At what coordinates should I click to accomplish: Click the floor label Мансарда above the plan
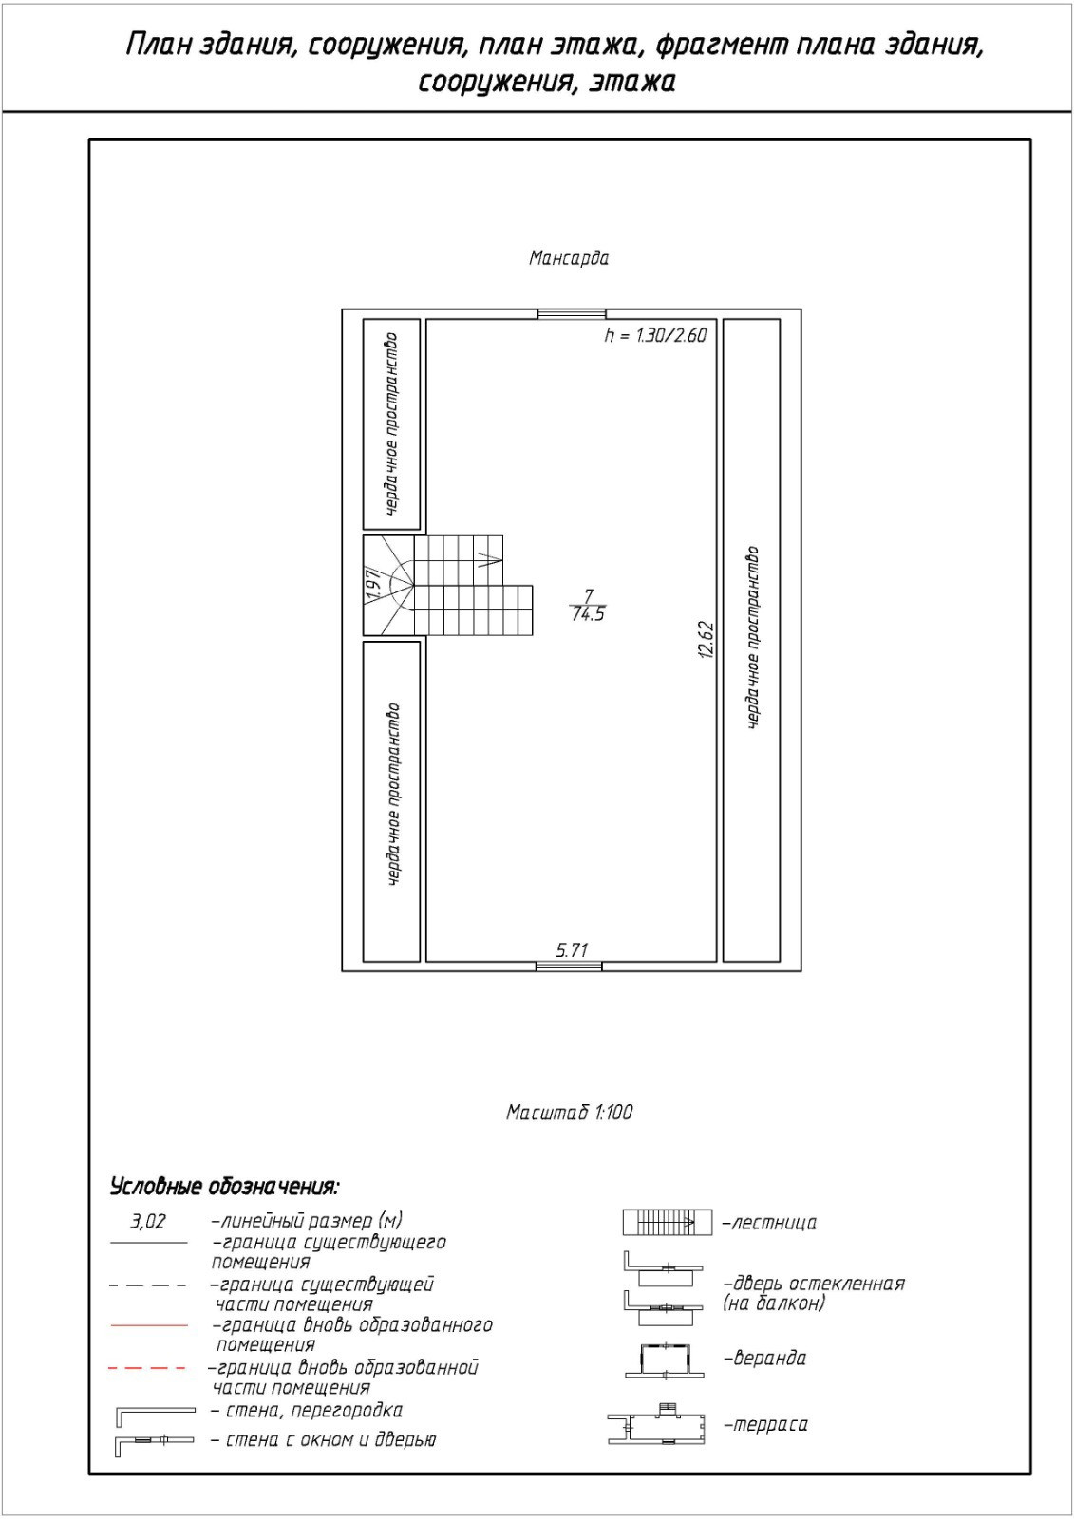[x=568, y=258]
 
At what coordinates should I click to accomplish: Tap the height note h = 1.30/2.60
[x=655, y=335]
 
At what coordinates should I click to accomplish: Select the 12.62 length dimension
[x=705, y=640]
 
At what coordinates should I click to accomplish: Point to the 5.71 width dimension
[x=572, y=949]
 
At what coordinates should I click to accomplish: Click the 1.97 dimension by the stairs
[x=374, y=580]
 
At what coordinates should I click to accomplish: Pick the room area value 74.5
[x=588, y=614]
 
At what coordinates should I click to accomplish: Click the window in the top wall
[x=571, y=313]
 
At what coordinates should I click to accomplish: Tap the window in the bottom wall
[x=569, y=966]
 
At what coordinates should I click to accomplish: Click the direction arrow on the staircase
[x=489, y=557]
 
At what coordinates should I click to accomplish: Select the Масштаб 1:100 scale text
[x=569, y=1112]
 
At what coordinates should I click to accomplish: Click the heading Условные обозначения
[x=224, y=1187]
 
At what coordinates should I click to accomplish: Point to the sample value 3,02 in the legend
[x=147, y=1221]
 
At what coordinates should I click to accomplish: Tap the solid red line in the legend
[x=149, y=1324]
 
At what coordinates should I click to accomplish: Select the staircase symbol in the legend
[x=667, y=1223]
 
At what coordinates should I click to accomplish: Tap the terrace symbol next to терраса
[x=657, y=1425]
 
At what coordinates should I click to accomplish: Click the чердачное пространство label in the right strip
[x=753, y=638]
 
